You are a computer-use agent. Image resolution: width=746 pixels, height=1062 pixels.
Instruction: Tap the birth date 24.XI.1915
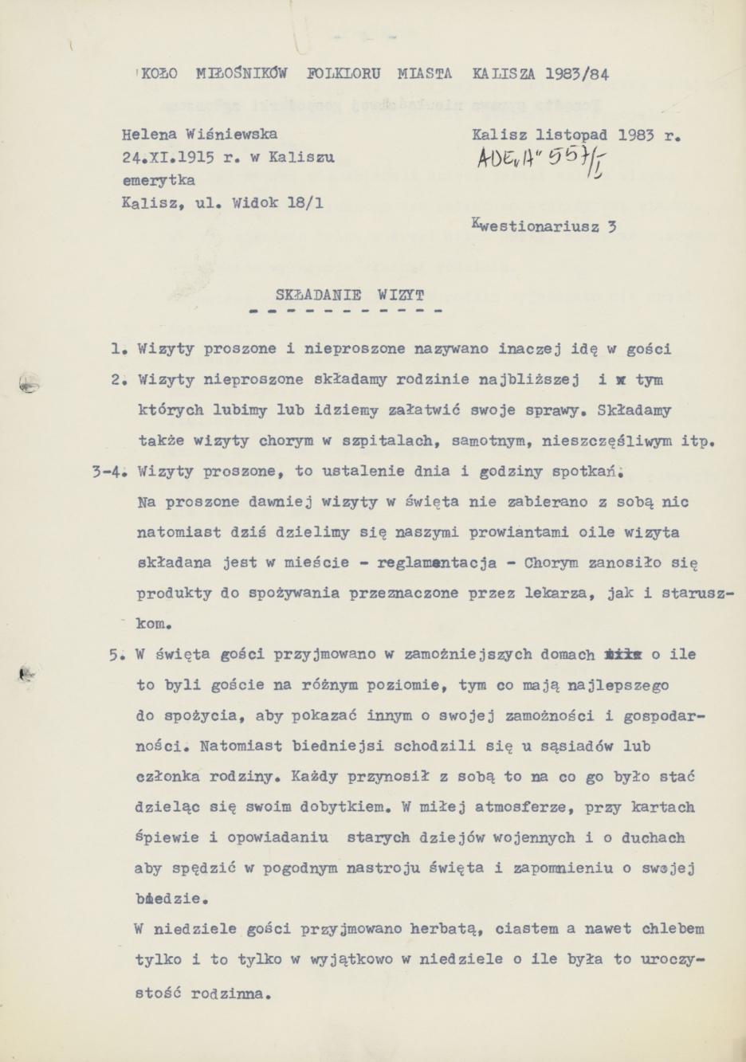click(167, 158)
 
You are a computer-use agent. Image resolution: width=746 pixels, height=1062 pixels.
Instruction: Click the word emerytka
click(159, 180)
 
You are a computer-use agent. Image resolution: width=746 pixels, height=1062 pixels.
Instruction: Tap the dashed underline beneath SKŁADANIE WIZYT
click(345, 310)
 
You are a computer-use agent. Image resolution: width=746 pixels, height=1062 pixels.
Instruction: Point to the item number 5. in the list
click(120, 655)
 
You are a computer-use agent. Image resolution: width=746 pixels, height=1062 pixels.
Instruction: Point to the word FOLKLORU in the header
click(344, 74)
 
